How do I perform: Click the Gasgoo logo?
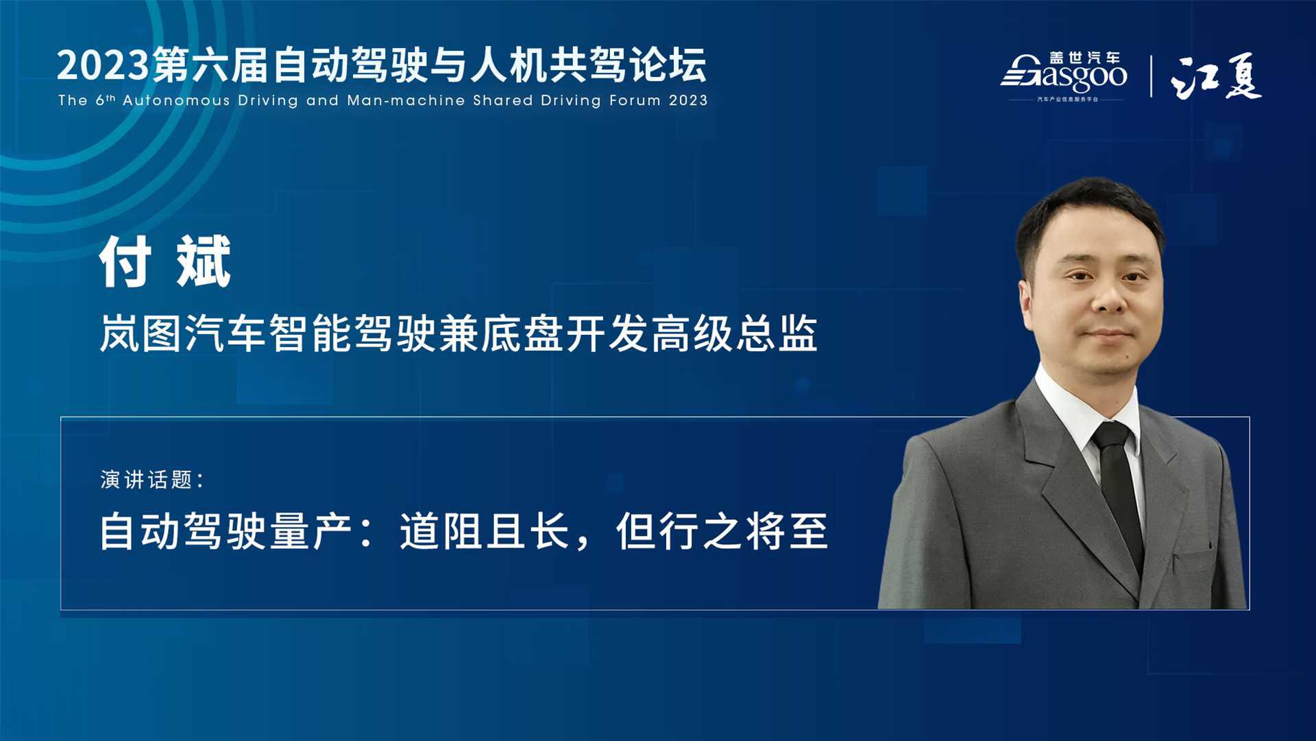tap(1064, 76)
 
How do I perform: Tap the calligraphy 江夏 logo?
tap(1216, 76)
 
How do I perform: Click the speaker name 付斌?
tap(165, 261)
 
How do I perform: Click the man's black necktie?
tap(1118, 491)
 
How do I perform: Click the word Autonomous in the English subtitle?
tap(176, 100)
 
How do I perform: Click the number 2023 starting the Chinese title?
tap(103, 66)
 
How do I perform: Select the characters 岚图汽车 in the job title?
tap(183, 333)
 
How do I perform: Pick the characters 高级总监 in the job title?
tap(734, 333)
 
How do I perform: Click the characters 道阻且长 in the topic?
tap(485, 531)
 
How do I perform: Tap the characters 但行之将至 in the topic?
tap(722, 531)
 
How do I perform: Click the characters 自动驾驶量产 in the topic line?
tap(226, 531)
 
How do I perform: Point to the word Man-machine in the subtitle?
tap(406, 100)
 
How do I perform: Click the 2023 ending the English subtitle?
tap(688, 100)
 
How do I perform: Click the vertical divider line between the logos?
tap(1151, 76)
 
